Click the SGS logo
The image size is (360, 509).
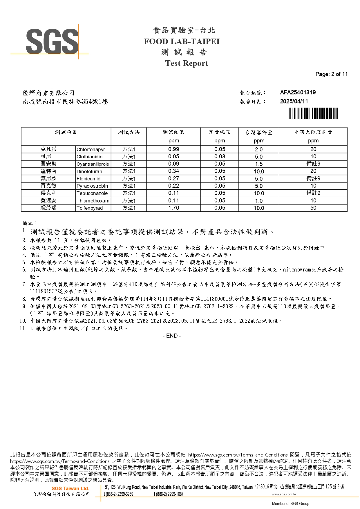52,41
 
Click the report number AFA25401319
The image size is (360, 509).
298,93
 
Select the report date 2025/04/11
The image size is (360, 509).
294,102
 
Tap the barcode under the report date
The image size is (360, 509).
313,113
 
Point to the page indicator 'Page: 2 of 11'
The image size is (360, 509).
331,74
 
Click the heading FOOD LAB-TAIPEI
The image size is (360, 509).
182,41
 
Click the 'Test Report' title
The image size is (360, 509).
187,63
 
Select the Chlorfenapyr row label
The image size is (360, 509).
91,150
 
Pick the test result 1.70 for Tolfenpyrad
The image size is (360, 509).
173,208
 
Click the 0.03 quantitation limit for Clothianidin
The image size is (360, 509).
220,157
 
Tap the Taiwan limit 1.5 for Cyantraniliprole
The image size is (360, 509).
259,164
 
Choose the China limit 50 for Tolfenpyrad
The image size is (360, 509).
313,208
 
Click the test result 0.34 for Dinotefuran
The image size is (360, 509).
173,171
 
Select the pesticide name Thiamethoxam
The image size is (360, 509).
93,201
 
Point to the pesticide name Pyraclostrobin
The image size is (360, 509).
92,186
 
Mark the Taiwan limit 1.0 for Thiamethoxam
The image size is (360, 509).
259,201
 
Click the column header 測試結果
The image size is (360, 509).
173,132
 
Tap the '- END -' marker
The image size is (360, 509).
172,336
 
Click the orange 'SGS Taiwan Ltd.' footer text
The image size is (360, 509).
70,489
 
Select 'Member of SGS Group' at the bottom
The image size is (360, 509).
290,503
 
